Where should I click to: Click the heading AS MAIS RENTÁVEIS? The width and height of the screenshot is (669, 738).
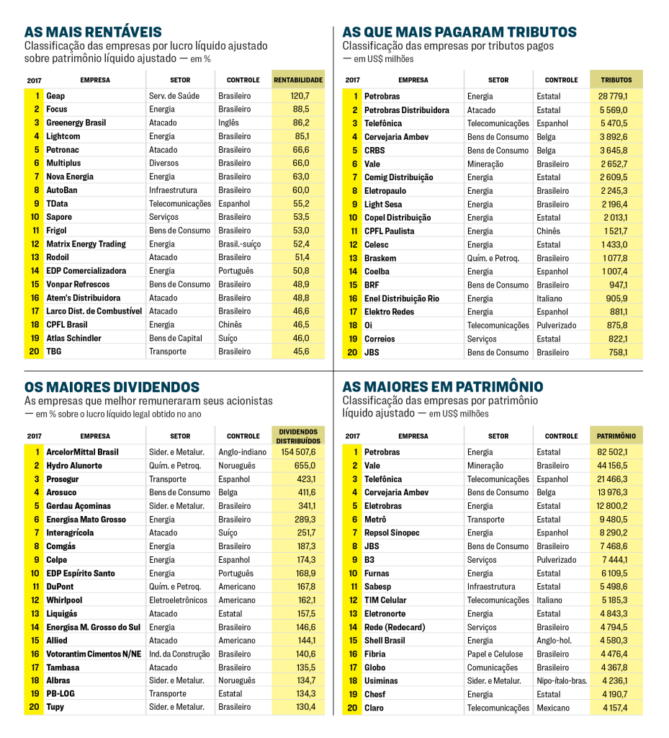tap(93, 32)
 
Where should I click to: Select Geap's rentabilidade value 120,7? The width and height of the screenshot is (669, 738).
tap(300, 96)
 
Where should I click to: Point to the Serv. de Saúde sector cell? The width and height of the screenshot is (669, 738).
tap(174, 96)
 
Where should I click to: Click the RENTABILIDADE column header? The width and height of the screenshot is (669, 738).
tap(298, 80)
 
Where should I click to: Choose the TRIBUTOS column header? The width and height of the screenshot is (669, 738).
tap(616, 80)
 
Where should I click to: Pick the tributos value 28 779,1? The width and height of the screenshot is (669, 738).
tap(613, 97)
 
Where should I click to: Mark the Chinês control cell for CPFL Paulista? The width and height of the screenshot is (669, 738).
tap(548, 231)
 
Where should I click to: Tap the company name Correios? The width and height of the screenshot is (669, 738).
tap(380, 339)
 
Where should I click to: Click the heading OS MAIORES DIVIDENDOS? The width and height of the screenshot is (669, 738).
tap(112, 387)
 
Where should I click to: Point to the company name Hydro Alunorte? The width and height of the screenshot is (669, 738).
tap(74, 466)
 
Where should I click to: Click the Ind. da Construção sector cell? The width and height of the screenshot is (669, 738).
tap(179, 654)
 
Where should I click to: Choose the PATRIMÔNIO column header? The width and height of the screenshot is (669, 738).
tap(616, 436)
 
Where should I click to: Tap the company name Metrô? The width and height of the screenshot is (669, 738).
tap(376, 520)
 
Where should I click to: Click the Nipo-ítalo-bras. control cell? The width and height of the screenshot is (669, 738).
tap(562, 681)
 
